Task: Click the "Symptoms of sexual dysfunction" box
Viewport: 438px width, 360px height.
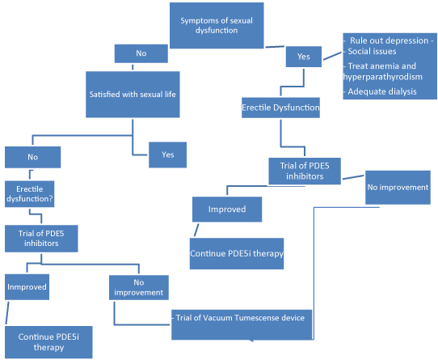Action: click(217, 25)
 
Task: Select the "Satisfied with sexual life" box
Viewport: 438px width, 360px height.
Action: click(133, 95)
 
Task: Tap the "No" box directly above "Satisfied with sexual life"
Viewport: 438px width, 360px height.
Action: click(141, 53)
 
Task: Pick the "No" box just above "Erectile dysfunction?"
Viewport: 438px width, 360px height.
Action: click(32, 157)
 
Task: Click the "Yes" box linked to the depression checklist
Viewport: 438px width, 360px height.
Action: click(304, 57)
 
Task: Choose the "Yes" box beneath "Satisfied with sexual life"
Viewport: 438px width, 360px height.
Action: click(167, 155)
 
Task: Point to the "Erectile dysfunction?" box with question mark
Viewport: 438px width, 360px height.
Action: click(30, 194)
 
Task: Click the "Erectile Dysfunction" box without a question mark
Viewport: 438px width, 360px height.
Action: click(280, 108)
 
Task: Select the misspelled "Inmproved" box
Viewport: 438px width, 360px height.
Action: click(27, 287)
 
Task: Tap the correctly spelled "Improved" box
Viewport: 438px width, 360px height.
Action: click(227, 210)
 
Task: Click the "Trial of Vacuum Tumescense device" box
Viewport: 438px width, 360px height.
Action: click(242, 324)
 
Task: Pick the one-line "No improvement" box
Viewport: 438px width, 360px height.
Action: click(398, 188)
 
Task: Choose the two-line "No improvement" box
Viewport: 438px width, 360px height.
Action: click(139, 287)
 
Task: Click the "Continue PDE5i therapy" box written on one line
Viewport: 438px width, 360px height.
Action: click(237, 254)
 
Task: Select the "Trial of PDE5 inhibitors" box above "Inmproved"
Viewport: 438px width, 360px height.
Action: click(41, 239)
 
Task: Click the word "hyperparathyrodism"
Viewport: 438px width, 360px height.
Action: click(383, 77)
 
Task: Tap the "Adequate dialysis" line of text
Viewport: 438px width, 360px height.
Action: click(382, 91)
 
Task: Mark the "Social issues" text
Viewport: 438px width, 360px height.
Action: click(372, 51)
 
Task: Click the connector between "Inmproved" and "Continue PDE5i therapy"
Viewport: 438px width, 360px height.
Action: click(7, 313)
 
